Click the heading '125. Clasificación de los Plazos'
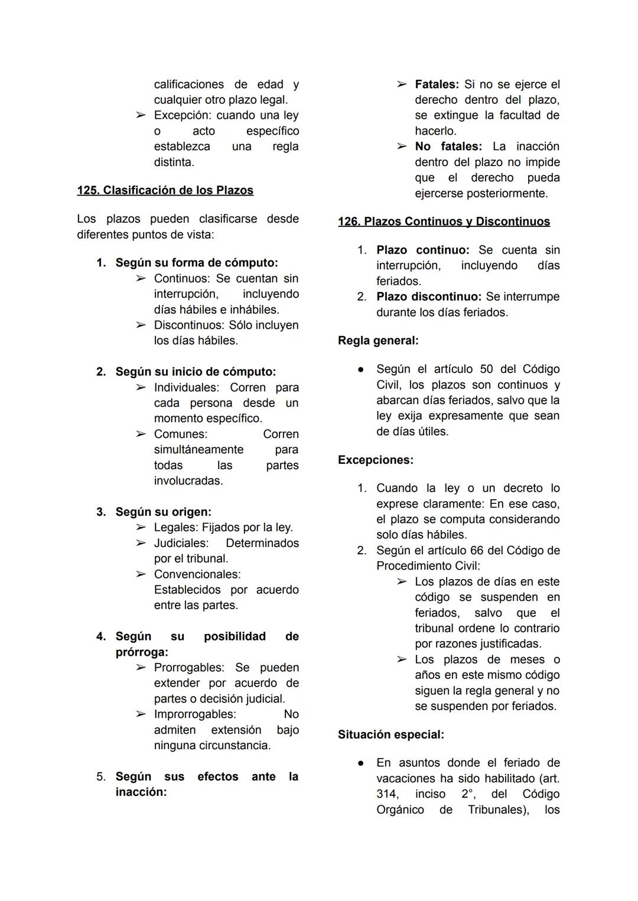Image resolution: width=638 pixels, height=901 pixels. (x=165, y=190)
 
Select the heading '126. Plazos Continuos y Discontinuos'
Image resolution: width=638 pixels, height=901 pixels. (x=444, y=222)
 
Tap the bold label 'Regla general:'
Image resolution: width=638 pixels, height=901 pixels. (x=378, y=340)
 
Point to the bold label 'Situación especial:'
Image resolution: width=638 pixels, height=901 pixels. (x=390, y=734)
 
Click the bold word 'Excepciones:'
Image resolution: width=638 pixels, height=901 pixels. (x=375, y=460)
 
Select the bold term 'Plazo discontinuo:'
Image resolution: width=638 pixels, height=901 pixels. (x=428, y=297)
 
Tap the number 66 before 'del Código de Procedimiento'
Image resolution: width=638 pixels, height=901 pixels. (x=477, y=551)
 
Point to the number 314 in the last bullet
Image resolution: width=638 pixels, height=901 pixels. (x=388, y=794)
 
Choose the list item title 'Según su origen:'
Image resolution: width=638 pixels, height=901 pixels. (x=163, y=512)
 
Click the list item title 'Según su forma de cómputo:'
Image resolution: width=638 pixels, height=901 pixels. (x=196, y=262)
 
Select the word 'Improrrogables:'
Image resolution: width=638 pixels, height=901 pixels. (x=195, y=714)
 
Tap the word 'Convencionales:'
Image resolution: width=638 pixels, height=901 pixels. (x=197, y=574)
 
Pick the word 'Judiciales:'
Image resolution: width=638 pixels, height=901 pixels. (x=181, y=543)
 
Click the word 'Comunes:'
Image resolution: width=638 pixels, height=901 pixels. (x=181, y=434)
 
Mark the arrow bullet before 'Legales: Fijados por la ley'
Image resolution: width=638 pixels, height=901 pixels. (x=141, y=528)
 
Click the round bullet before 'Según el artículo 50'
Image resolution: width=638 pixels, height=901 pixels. (x=360, y=369)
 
